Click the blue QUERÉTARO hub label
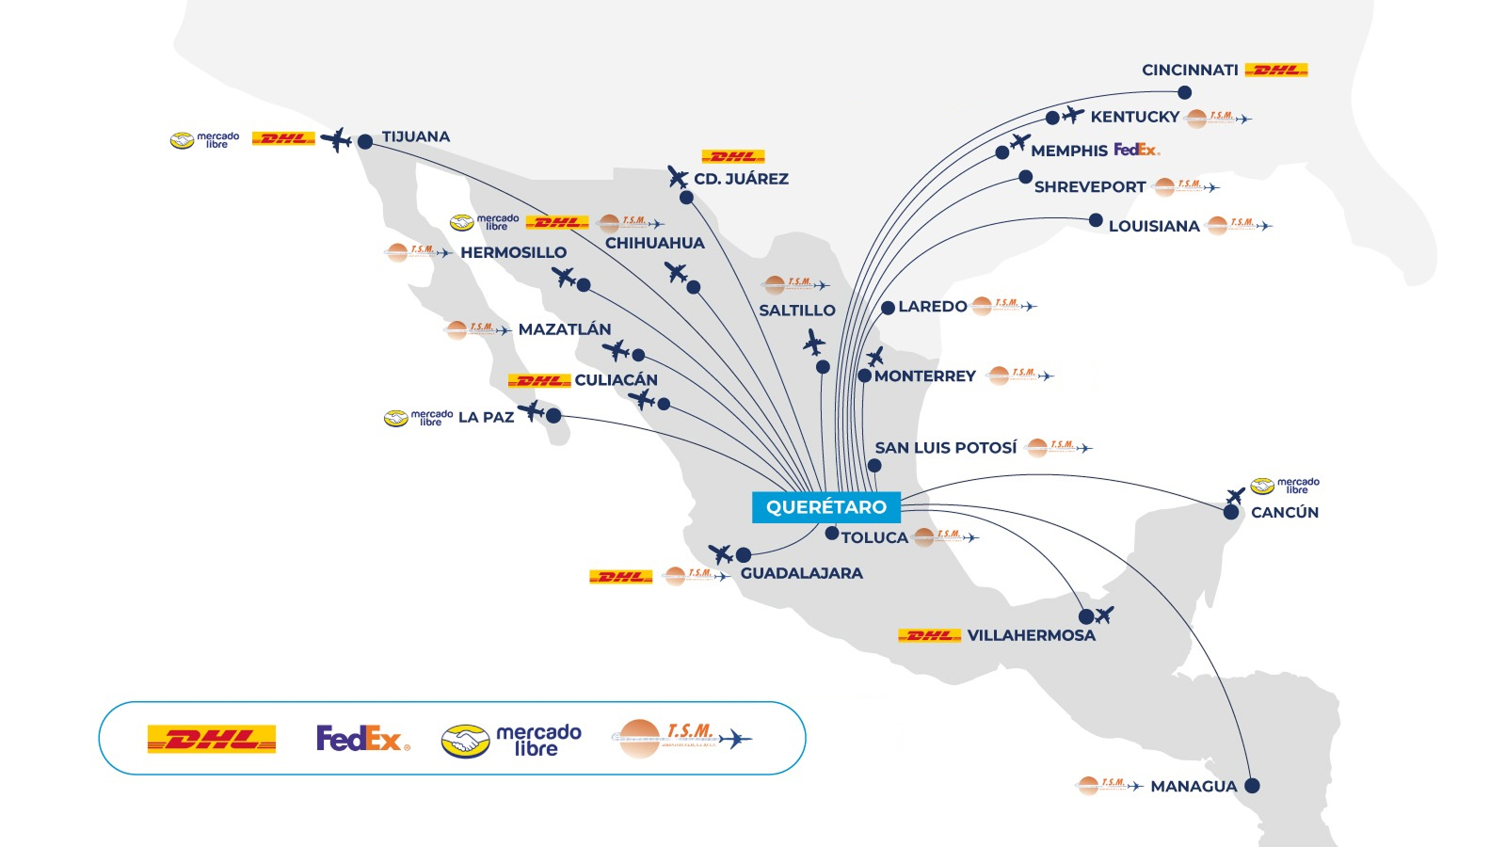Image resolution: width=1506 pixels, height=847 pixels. pos(825,507)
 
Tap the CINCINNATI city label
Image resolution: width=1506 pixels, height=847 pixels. pos(1190,71)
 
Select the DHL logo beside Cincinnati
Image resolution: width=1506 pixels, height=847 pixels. pos(1275,70)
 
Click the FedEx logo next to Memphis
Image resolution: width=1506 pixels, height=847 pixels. pos(1136,150)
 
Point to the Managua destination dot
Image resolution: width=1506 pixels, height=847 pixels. pos(1252,785)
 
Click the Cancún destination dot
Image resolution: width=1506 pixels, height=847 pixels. pos(1231,512)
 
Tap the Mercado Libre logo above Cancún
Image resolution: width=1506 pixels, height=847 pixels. pos(1285,486)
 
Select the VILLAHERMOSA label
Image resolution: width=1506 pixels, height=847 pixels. pos(1031,635)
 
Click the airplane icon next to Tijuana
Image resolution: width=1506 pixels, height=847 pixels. pos(336,140)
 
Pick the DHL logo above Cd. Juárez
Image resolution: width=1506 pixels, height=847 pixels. pos(733,156)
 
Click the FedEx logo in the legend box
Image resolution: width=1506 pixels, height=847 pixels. pos(362,739)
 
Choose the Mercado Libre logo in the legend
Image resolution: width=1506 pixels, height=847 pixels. pos(511,740)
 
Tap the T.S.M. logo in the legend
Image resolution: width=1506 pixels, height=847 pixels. pos(681,739)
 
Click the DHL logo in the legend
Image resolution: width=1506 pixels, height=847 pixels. pos(212,739)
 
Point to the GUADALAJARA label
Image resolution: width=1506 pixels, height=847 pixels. pos(801,573)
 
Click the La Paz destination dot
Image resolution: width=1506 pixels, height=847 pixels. pos(553,415)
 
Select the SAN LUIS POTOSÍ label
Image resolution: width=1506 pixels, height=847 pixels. pos(945,448)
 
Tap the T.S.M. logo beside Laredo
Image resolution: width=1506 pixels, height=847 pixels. pos(1003,306)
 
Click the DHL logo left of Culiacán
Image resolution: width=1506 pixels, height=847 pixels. pos(539,380)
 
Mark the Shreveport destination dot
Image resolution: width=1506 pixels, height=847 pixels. pos(1025,177)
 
